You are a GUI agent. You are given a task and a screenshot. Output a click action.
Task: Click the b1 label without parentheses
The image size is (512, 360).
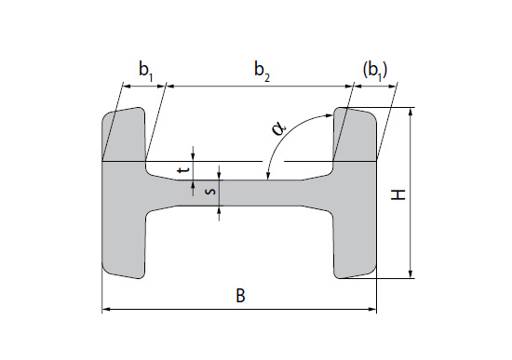(146, 71)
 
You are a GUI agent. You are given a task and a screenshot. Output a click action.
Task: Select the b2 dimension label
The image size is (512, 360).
(263, 71)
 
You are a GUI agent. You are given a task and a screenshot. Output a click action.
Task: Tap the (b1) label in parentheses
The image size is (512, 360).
(375, 71)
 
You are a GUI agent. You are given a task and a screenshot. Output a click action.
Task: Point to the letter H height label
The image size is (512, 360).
(398, 194)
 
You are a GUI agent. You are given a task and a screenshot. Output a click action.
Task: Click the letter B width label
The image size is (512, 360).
(240, 296)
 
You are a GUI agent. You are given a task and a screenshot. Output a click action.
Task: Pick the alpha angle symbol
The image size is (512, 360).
(279, 128)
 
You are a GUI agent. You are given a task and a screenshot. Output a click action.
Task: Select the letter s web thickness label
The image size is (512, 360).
(211, 191)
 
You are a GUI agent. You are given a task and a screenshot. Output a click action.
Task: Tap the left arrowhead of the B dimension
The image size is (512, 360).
(106, 309)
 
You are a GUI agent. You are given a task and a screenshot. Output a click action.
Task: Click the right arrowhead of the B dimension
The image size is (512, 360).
(373, 309)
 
